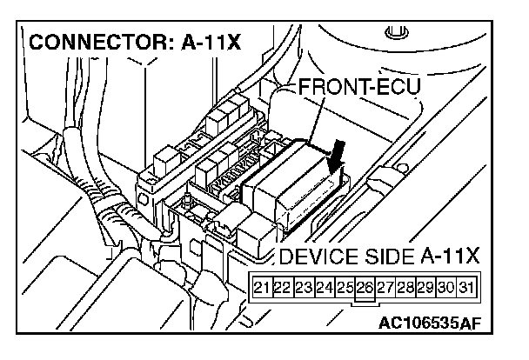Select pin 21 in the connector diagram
point(260,287)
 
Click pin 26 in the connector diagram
point(365,287)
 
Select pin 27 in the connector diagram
point(386,287)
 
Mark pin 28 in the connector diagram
point(407,287)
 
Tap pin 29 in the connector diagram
point(428,287)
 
